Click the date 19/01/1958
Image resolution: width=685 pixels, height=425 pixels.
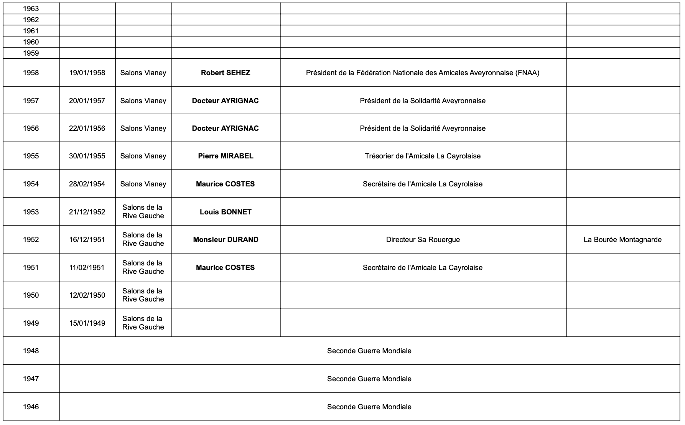[87, 73]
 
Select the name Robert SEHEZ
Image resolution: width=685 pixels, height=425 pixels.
[226, 73]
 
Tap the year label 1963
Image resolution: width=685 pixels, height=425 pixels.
[31, 9]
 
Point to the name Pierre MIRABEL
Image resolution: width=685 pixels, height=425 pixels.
[226, 156]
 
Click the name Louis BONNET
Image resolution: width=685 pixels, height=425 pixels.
[226, 212]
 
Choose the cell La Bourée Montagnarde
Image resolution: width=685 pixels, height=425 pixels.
[622, 240]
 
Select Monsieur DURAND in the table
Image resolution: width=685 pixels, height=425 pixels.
[226, 240]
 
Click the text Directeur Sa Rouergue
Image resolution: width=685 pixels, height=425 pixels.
[423, 240]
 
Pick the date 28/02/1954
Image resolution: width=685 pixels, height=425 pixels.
[87, 184]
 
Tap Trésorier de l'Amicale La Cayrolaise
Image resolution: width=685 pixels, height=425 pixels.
[423, 156]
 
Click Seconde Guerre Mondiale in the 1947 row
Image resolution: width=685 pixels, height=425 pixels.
[369, 379]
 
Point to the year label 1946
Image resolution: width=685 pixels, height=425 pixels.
[31, 407]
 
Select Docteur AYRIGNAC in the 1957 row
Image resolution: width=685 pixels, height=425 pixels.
[226, 101]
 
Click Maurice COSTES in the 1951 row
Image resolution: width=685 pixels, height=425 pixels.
[226, 268]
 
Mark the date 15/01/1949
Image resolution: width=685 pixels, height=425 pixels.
[87, 323]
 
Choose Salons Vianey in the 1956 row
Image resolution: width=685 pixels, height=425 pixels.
[143, 128]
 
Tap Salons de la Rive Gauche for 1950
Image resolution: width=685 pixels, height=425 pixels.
[143, 295]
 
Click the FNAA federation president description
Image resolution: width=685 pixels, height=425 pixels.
[423, 73]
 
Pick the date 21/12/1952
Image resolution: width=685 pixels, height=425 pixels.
[87, 212]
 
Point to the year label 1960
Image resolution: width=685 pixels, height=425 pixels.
[31, 42]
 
